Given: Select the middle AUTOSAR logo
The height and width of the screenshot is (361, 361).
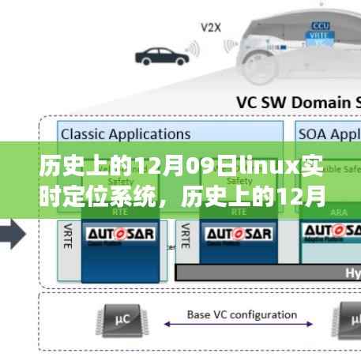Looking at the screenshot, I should point(235,235).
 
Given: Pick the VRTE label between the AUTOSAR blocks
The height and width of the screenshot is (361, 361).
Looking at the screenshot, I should point(186,237).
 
